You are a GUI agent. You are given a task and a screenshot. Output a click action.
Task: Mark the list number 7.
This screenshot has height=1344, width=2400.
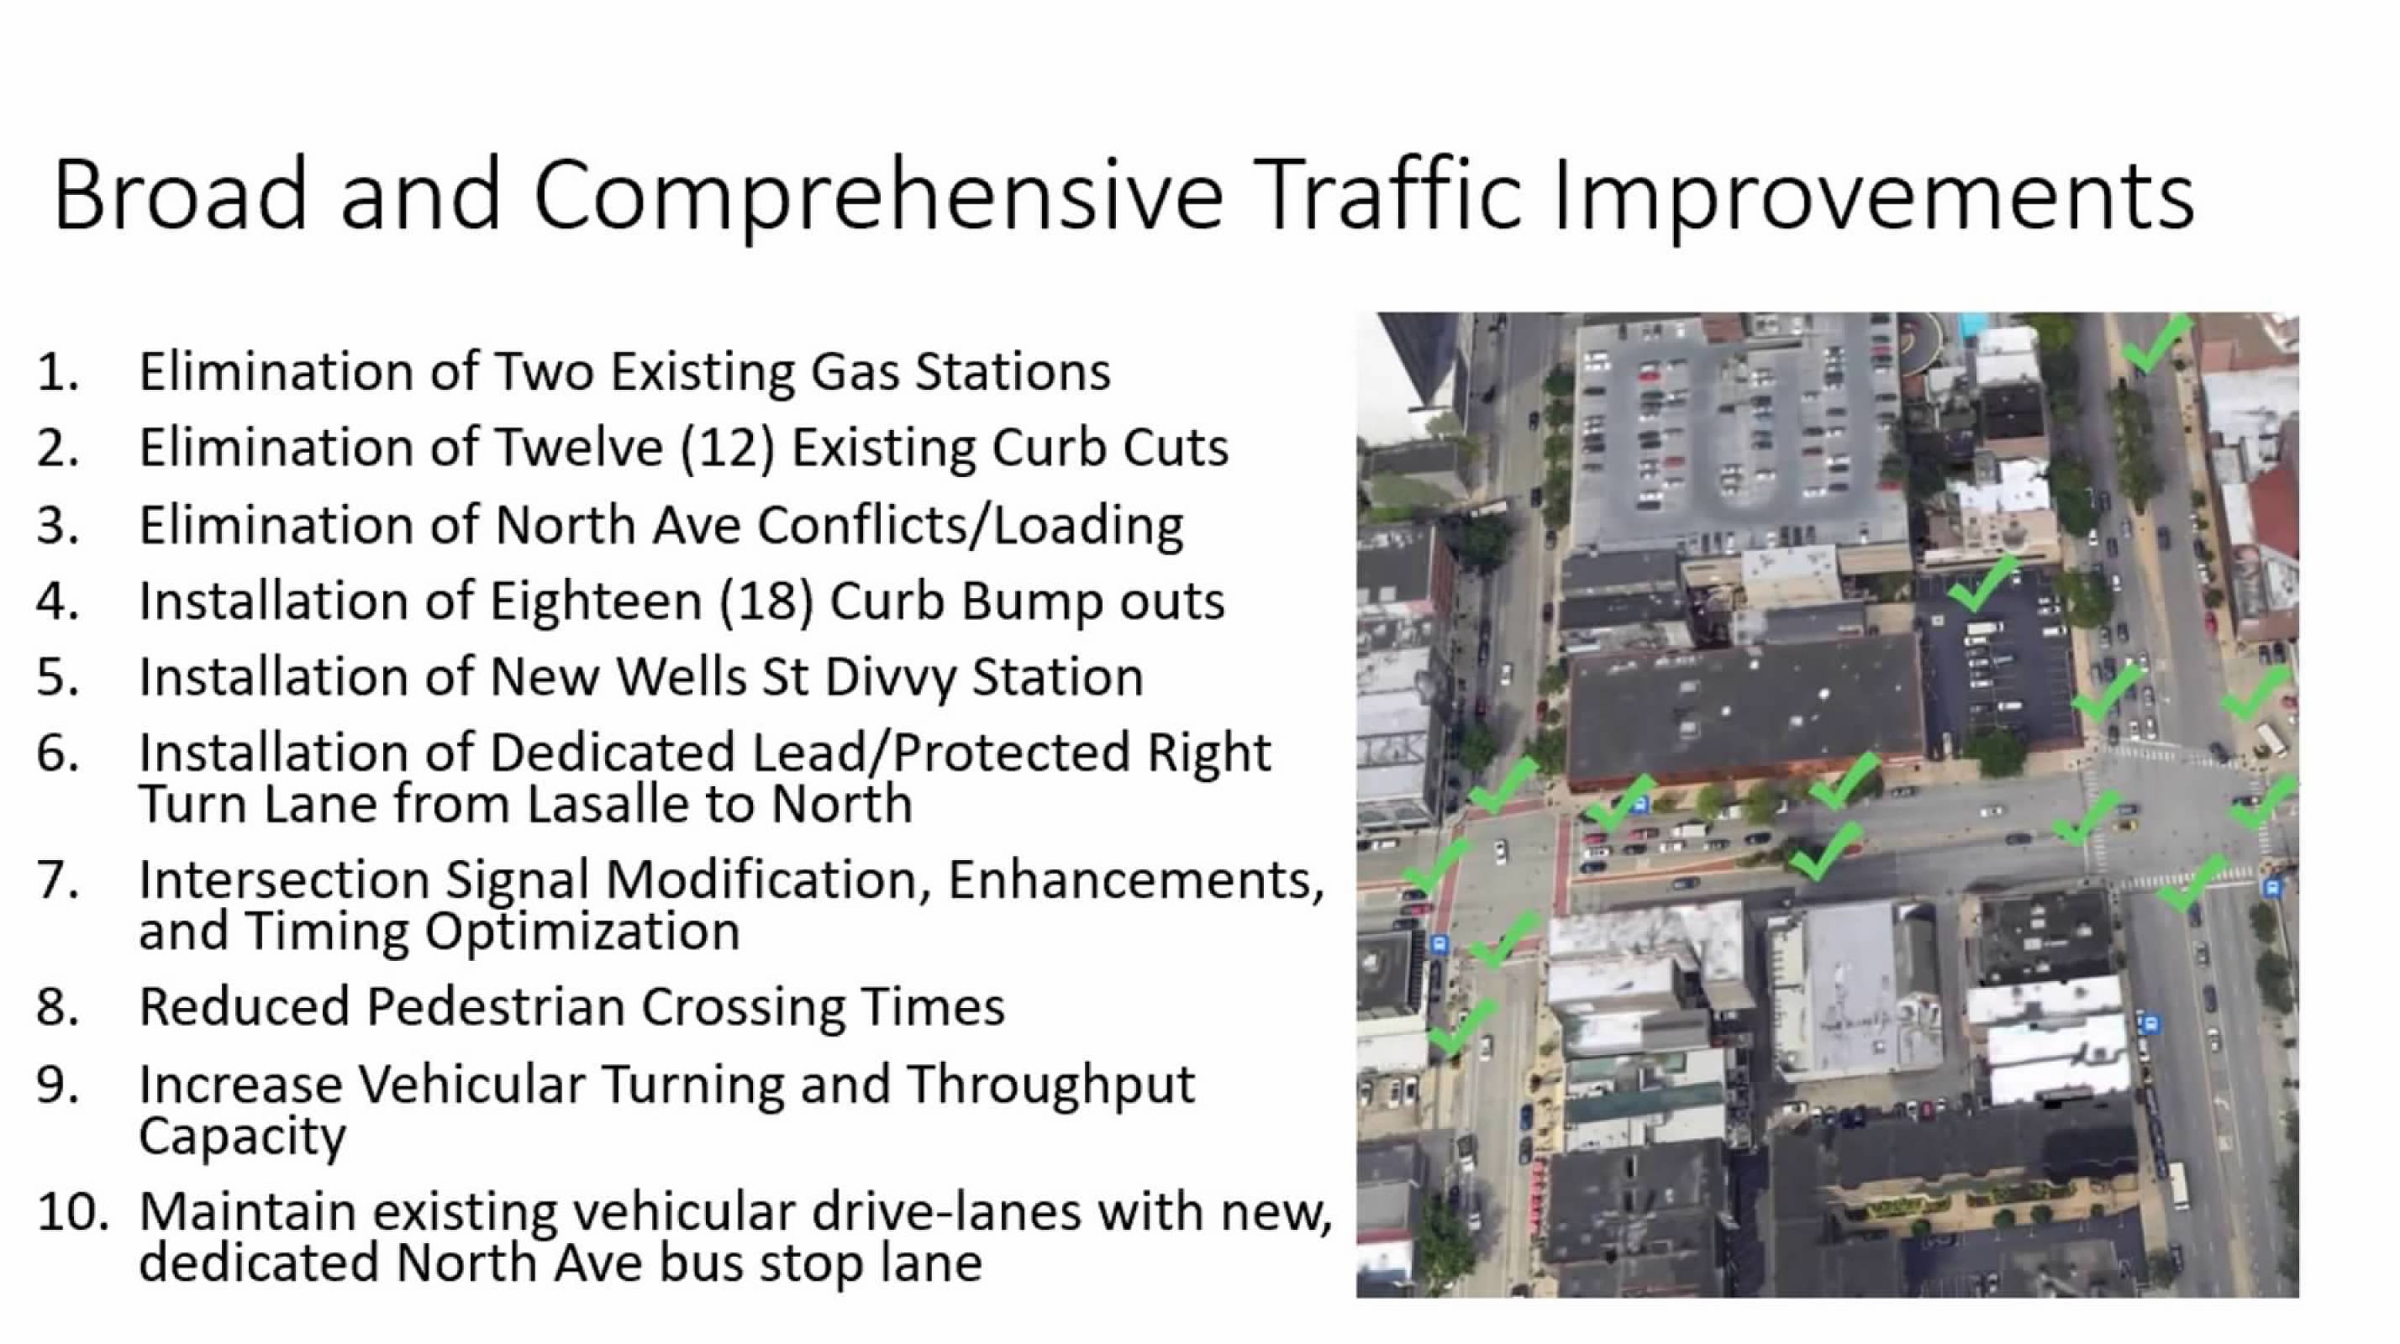click(x=58, y=880)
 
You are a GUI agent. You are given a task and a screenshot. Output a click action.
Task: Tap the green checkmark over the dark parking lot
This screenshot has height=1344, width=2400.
click(x=1981, y=584)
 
